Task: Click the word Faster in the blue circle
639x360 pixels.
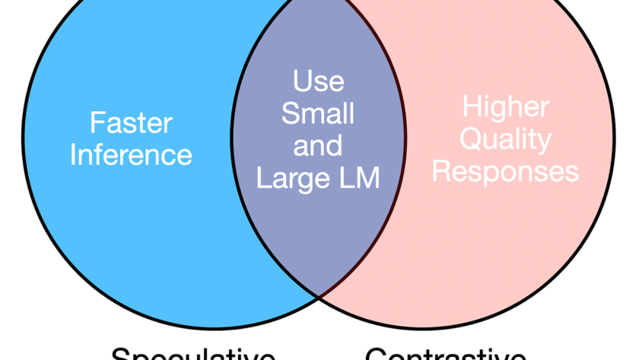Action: pyautogui.click(x=132, y=123)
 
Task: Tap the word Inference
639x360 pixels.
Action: pyautogui.click(x=132, y=155)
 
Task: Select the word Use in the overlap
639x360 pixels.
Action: pyautogui.click(x=318, y=81)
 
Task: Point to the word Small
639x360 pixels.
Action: pyautogui.click(x=318, y=113)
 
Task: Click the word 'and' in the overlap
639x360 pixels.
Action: pyautogui.click(x=318, y=145)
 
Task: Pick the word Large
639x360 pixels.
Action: pyautogui.click(x=291, y=178)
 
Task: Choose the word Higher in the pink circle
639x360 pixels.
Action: pyautogui.click(x=506, y=107)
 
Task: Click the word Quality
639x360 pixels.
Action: pyautogui.click(x=506, y=139)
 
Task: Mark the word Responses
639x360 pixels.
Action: pyautogui.click(x=506, y=171)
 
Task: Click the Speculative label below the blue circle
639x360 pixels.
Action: pyautogui.click(x=193, y=355)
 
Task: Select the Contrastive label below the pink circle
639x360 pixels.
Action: pyautogui.click(x=445, y=355)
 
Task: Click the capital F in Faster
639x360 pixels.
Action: pyautogui.click(x=97, y=123)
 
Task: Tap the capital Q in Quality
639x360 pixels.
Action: pyautogui.click(x=472, y=139)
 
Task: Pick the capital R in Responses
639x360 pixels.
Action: pyautogui.click(x=441, y=171)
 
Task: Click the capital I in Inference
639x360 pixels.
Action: pyautogui.click(x=74, y=155)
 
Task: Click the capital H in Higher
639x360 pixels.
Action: pyautogui.click(x=472, y=107)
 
